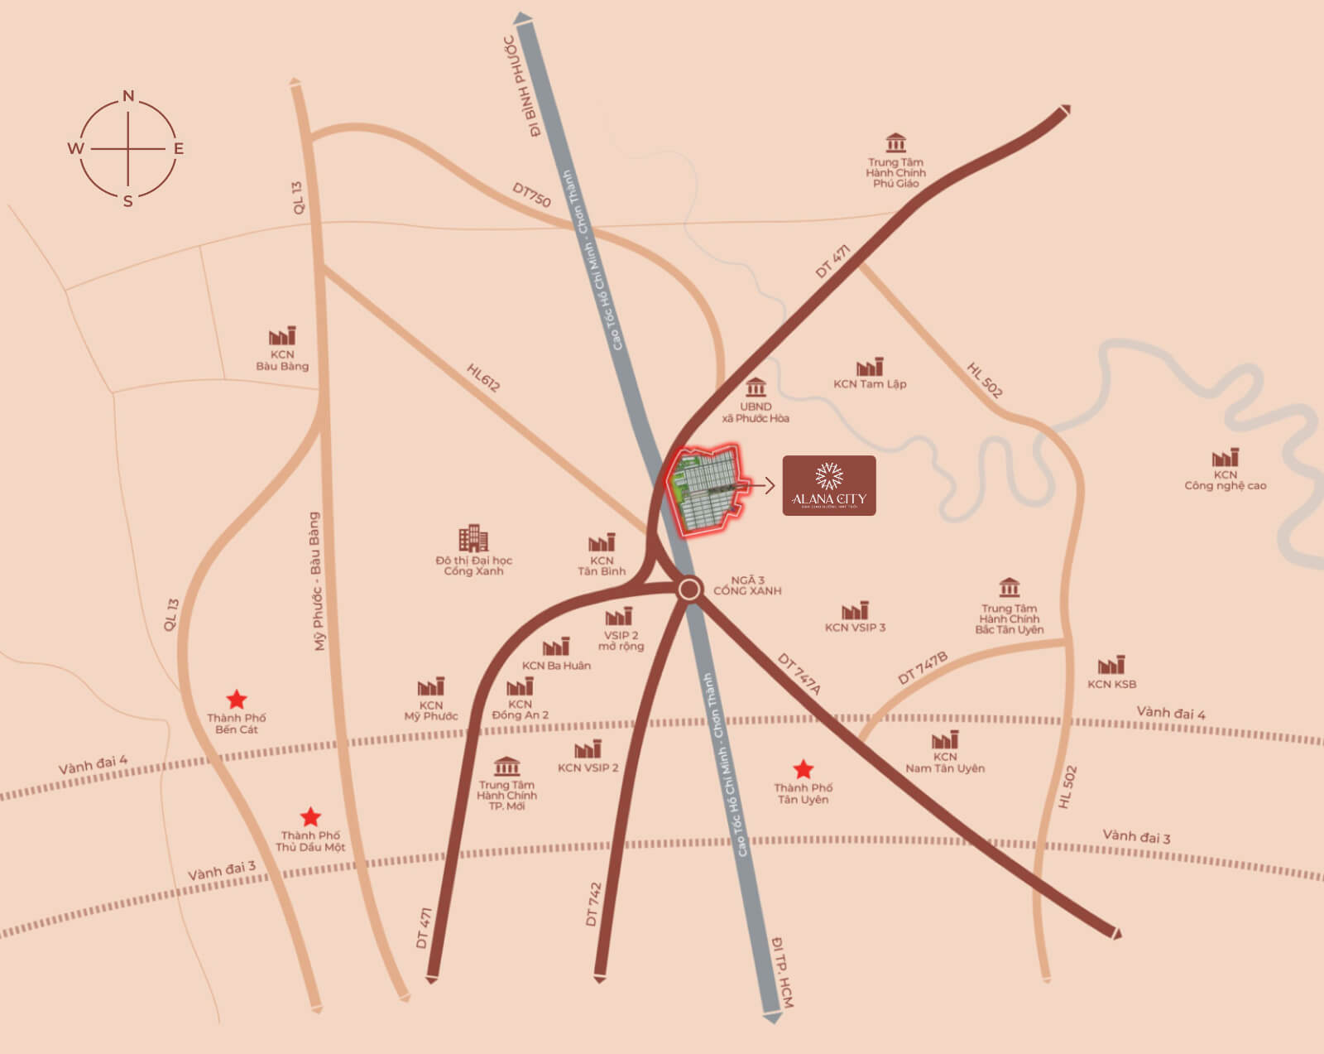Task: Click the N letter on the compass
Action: pos(128,96)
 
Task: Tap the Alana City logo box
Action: pos(828,485)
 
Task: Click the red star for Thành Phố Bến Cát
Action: pos(237,699)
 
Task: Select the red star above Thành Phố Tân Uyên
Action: pos(803,769)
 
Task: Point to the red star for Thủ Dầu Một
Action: pos(310,817)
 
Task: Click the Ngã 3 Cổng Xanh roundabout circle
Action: pos(688,590)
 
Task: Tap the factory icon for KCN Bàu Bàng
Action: pos(282,336)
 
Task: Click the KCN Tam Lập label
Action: pos(870,384)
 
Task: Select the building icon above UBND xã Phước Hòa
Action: pos(756,387)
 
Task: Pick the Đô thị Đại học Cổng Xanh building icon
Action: pos(473,538)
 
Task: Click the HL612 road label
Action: pos(483,378)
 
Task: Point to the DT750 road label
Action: pos(531,195)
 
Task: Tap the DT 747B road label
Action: pos(923,668)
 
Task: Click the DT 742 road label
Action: pos(593,903)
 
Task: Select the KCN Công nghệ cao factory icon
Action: pos(1226,458)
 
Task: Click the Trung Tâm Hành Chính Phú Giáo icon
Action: pos(895,142)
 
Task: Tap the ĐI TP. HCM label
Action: pos(781,973)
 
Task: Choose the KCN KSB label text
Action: pos(1111,685)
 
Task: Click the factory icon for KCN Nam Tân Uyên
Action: pos(945,739)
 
